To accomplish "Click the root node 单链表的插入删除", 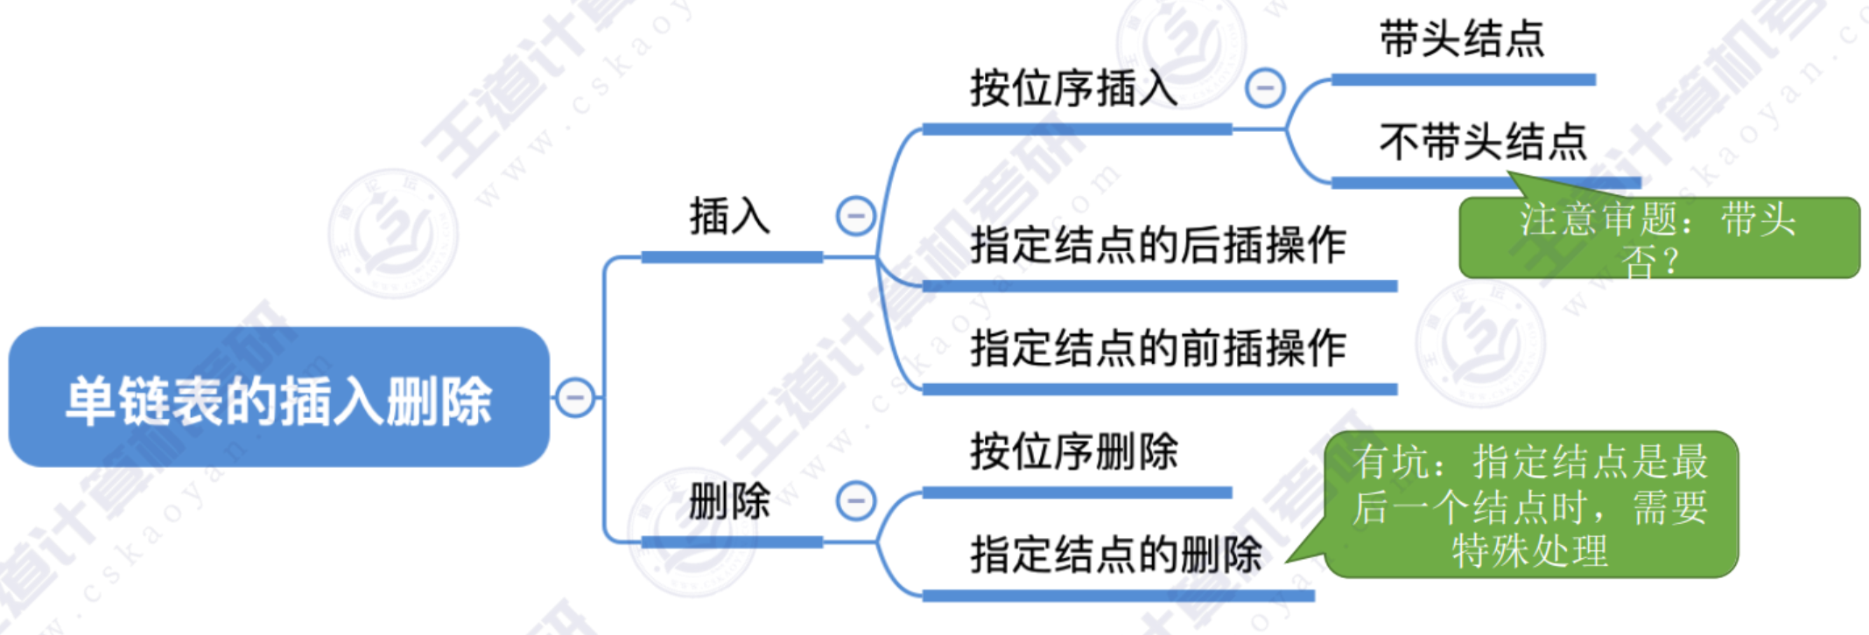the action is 278,399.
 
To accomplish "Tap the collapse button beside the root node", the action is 575,398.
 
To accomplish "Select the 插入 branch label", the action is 729,216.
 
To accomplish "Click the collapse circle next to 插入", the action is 855,216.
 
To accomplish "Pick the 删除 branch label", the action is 729,501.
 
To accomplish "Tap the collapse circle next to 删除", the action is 855,501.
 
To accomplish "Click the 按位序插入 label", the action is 1073,88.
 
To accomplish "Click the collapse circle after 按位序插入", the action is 1265,88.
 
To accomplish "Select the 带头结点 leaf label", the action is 1462,39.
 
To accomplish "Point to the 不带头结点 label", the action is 1483,142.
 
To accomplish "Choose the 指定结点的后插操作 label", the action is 1157,244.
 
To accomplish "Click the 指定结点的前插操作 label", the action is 1157,347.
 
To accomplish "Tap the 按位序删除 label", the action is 1073,451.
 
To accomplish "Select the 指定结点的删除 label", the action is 1115,554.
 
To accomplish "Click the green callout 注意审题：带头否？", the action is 1658,238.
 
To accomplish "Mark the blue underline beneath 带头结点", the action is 1462,80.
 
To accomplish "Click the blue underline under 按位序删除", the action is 1077,493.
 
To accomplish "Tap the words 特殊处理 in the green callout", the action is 1530,551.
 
